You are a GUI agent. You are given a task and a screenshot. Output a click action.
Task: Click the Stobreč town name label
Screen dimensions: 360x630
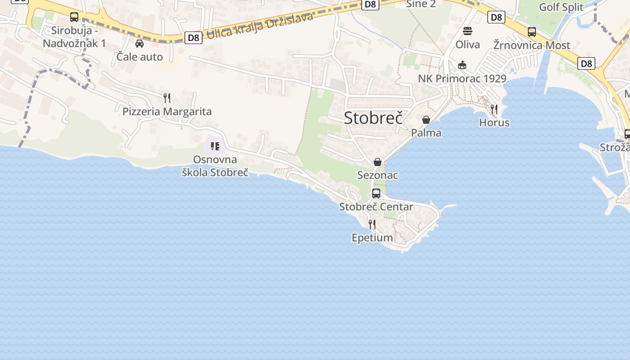(x=373, y=117)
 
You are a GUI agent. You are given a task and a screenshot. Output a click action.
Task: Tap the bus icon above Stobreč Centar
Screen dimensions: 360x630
(x=376, y=193)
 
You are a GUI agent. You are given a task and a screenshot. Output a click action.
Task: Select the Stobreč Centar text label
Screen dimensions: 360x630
(x=376, y=207)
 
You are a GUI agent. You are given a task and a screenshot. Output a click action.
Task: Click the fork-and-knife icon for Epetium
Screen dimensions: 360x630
(x=372, y=224)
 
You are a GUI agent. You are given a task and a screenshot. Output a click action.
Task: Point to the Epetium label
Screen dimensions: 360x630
(x=372, y=238)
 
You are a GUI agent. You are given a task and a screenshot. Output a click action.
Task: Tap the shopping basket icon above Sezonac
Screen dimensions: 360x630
(x=378, y=162)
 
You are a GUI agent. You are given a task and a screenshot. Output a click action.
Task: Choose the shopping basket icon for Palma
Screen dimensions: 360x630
(x=426, y=120)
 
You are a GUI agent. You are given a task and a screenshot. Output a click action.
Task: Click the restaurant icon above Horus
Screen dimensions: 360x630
(x=494, y=109)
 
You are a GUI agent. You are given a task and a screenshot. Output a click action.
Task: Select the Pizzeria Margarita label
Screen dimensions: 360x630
(x=167, y=112)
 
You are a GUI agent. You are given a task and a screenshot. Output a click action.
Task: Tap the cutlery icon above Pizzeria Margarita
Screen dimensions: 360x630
(x=167, y=98)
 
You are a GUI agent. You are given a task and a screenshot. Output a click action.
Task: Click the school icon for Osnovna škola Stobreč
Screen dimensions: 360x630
(x=215, y=146)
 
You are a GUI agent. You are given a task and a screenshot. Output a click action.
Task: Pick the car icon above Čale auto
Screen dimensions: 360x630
(x=139, y=44)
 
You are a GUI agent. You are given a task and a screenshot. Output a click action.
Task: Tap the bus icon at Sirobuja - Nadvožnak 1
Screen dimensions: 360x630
(x=74, y=17)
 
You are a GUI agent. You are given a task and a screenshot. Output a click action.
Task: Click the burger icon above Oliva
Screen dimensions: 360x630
(x=468, y=31)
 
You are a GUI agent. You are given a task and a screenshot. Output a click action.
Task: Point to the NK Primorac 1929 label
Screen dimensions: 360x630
(x=462, y=79)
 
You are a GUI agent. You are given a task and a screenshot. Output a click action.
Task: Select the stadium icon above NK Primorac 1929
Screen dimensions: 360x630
(x=462, y=65)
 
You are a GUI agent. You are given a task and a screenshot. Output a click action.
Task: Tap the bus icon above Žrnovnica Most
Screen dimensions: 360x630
(x=532, y=32)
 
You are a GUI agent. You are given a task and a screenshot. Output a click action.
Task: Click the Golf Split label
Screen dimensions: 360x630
(x=561, y=7)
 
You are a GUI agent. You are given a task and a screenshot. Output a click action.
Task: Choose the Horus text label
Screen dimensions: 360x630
(x=494, y=122)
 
